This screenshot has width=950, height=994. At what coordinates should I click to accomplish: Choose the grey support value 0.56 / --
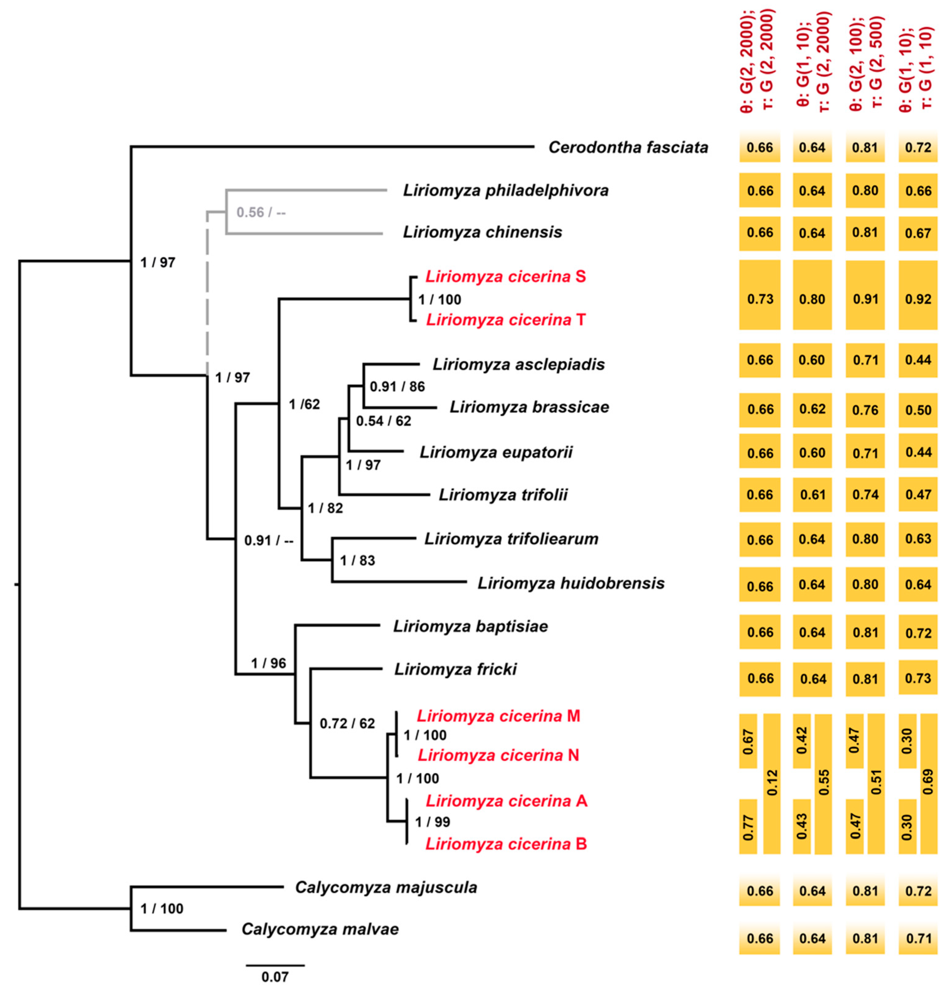click(261, 212)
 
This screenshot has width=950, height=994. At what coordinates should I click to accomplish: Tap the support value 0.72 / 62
click(347, 723)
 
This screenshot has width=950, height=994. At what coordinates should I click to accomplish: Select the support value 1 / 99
click(432, 822)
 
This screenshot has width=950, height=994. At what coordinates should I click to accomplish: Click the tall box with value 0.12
click(772, 783)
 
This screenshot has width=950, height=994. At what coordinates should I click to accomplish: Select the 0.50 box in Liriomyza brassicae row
click(918, 410)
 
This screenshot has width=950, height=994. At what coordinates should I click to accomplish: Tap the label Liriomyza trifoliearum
click(511, 539)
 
